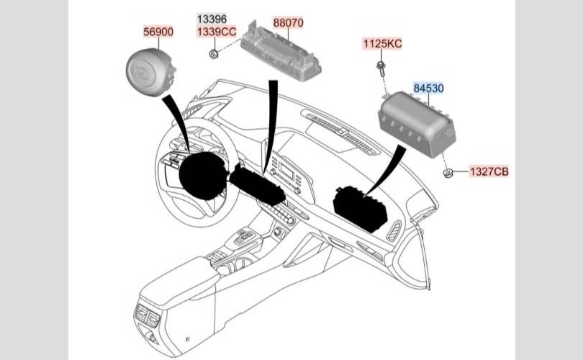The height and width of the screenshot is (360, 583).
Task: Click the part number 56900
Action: [158, 32]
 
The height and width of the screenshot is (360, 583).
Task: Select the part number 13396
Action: [212, 19]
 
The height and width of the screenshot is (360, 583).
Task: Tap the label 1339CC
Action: [217, 32]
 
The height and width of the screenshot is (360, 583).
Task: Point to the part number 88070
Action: [288, 23]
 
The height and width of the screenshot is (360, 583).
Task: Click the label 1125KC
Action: [383, 43]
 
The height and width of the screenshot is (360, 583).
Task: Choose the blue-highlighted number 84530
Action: [429, 88]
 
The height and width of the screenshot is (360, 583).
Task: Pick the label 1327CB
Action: [489, 171]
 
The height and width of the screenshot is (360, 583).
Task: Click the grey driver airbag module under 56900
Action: [150, 72]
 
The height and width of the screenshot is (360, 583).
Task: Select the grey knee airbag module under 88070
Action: [281, 51]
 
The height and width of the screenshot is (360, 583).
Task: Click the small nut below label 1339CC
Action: [214, 54]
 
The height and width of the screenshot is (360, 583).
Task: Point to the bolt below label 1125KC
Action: [381, 68]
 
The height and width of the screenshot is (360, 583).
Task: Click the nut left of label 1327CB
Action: [448, 173]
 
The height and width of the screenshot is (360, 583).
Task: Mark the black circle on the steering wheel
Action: [203, 176]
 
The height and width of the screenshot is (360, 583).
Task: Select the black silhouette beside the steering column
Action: [257, 185]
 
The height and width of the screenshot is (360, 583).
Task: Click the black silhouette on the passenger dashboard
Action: [361, 208]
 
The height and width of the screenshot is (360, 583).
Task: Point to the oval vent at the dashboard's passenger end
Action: [394, 231]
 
